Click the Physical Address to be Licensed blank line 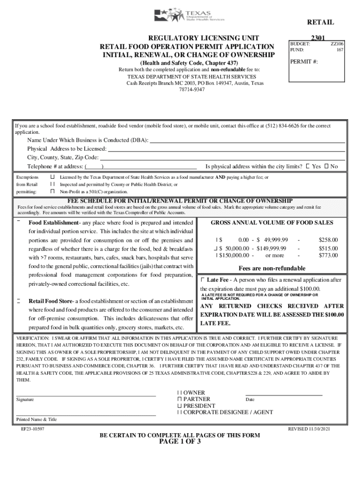226,150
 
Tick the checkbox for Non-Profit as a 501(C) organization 53,191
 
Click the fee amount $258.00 328,239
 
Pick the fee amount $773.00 328,255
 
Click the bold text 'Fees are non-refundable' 272,268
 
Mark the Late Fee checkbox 202,279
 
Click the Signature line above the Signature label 86,396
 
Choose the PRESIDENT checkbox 179,406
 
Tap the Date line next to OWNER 284,395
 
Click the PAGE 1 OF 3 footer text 180,442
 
